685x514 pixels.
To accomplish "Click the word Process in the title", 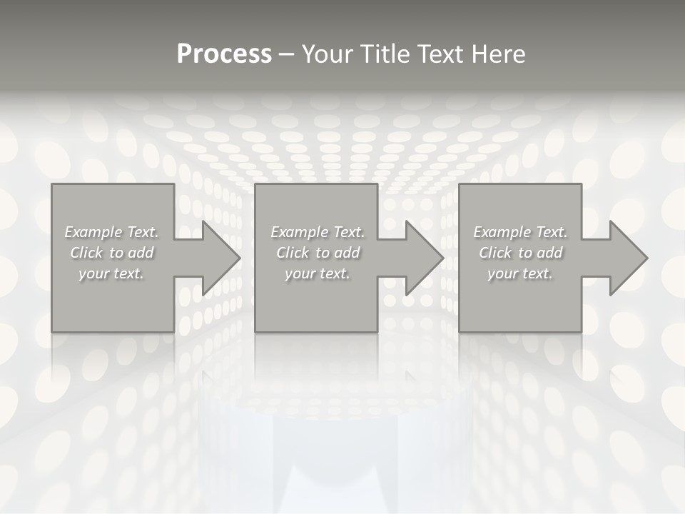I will pos(224,54).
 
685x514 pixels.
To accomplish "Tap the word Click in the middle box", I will pos(293,253).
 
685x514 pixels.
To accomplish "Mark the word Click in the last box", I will pos(495,253).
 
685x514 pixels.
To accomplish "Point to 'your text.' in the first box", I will pos(111,273).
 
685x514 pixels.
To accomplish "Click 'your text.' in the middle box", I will pos(318,273).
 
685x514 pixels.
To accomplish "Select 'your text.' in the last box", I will pos(520,273).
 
